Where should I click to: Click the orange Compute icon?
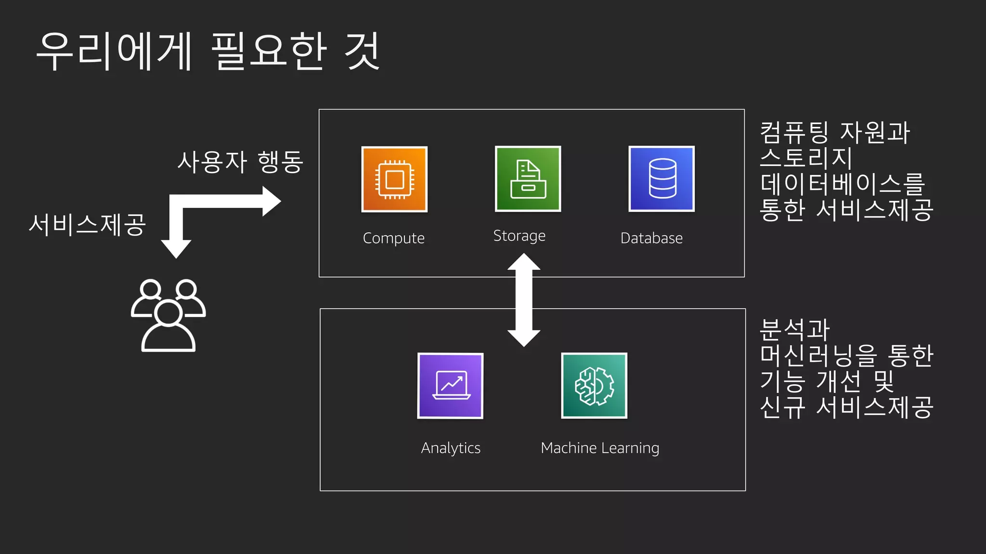pyautogui.click(x=394, y=179)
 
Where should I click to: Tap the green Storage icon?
pyautogui.click(x=528, y=178)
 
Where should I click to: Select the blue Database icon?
pyautogui.click(x=662, y=178)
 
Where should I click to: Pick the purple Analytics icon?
pyautogui.click(x=450, y=386)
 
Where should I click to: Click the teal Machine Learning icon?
pyautogui.click(x=594, y=386)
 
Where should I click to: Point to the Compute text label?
pyautogui.click(x=393, y=238)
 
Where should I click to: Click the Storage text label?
pyautogui.click(x=519, y=236)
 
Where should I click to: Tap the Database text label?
pyautogui.click(x=651, y=238)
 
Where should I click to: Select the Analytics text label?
pyautogui.click(x=451, y=448)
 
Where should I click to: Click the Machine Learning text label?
pyautogui.click(x=600, y=448)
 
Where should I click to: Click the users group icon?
pyautogui.click(x=168, y=315)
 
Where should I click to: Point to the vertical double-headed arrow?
pyautogui.click(x=524, y=300)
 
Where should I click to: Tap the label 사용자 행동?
pyautogui.click(x=240, y=162)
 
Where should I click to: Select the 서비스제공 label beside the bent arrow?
pyautogui.click(x=87, y=225)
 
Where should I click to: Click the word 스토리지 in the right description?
pyautogui.click(x=806, y=158)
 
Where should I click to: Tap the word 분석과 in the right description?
pyautogui.click(x=794, y=330)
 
